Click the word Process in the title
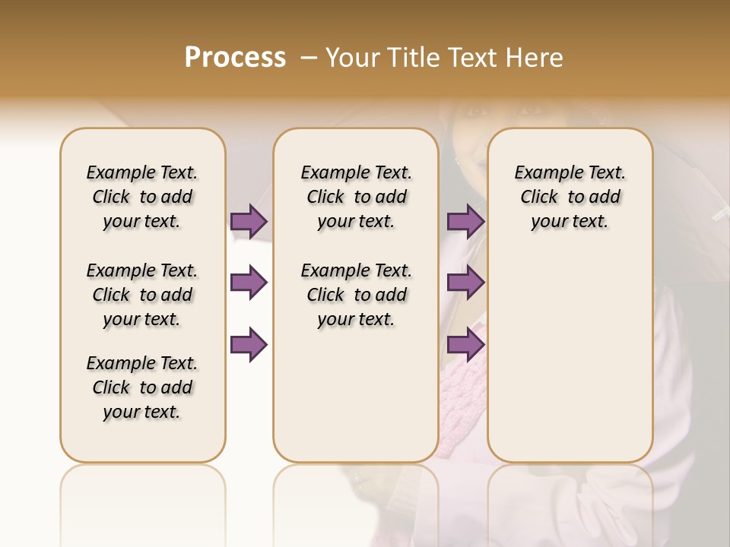tap(235, 57)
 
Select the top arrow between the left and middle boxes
tap(249, 221)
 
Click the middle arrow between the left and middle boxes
tap(249, 283)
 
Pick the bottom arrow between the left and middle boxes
tap(249, 345)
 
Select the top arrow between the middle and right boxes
tap(465, 221)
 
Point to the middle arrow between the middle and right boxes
tap(465, 283)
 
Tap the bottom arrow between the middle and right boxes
tap(465, 345)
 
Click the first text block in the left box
tap(142, 197)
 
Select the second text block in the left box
tap(142, 295)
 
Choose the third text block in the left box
tap(142, 387)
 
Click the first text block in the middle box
tap(356, 197)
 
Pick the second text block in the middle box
tap(356, 295)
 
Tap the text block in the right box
tap(570, 197)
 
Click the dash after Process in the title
tap(308, 58)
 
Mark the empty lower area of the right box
tap(570, 357)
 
